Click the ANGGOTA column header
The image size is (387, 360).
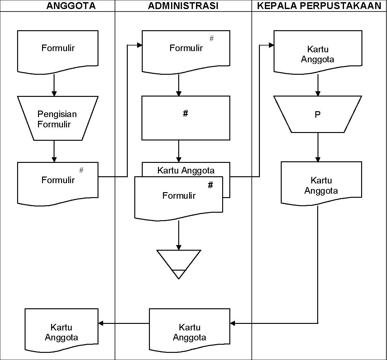click(x=71, y=6)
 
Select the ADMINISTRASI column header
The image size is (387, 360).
click(x=183, y=6)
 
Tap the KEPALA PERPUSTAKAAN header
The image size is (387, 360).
click(x=319, y=6)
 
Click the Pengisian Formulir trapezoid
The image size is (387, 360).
click(x=58, y=119)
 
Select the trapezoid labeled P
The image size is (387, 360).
click(x=318, y=115)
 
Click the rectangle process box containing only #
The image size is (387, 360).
click(x=186, y=118)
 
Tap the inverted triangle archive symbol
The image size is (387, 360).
click(x=179, y=261)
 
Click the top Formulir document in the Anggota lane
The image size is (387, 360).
click(x=58, y=50)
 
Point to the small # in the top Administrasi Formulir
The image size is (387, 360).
click(x=212, y=39)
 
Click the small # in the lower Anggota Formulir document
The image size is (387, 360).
click(x=81, y=170)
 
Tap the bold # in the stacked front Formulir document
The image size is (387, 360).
click(x=211, y=185)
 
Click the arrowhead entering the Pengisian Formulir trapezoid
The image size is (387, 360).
click(x=54, y=93)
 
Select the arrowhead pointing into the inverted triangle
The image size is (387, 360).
click(x=179, y=247)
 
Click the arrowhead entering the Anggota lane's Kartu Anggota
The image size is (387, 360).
click(x=101, y=323)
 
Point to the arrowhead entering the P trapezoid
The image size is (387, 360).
click(x=318, y=93)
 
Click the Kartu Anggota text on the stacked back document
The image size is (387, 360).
click(x=186, y=170)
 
